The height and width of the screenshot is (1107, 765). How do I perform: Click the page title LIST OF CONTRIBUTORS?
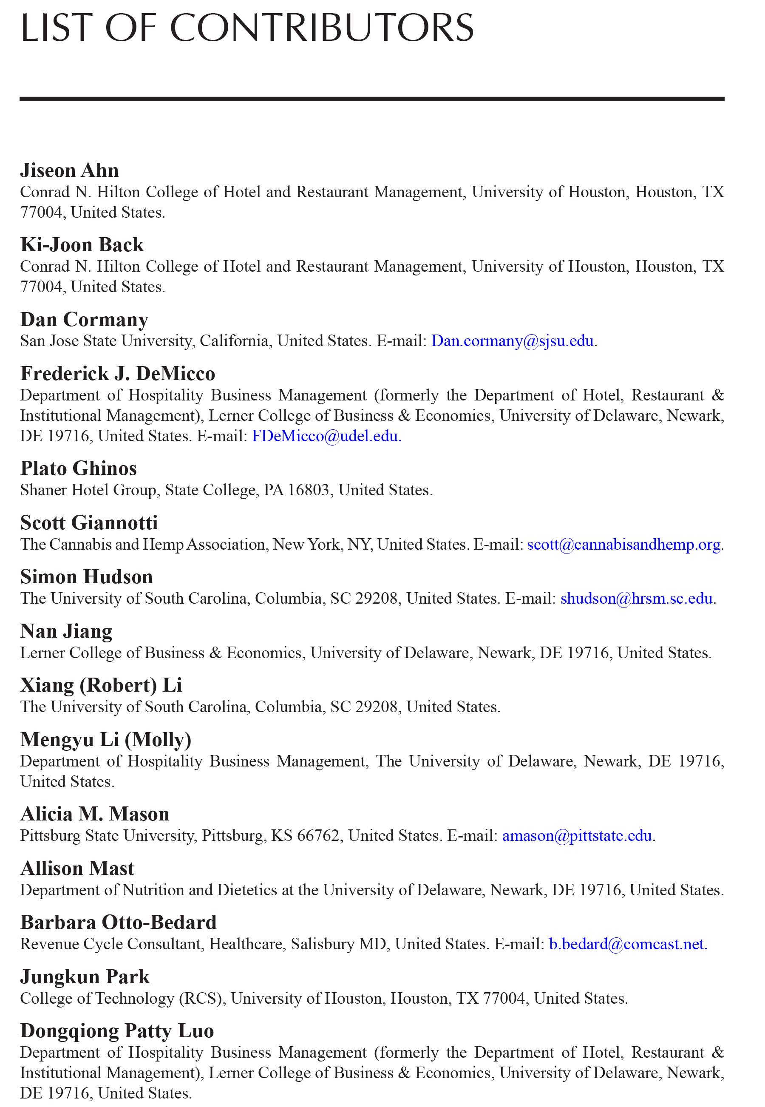tap(247, 28)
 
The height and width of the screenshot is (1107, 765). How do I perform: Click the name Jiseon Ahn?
tap(70, 170)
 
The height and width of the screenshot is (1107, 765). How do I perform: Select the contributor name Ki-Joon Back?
tap(82, 245)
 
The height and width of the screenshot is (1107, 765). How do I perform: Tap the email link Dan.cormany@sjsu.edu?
tap(512, 341)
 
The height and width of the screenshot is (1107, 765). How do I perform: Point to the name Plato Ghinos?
tap(79, 468)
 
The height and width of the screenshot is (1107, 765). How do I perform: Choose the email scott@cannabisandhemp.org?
tap(623, 545)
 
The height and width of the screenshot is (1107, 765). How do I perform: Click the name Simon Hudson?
tap(87, 577)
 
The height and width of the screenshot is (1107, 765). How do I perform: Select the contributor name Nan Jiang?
tap(66, 631)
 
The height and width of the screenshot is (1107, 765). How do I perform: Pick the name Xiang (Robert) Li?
tap(101, 686)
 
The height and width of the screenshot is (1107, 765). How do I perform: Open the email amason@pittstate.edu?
tap(577, 836)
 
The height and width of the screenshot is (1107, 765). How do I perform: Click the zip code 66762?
tap(318, 836)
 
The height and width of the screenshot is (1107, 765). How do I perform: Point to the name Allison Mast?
tap(78, 868)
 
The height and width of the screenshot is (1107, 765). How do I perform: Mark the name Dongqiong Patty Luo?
tap(117, 1031)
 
